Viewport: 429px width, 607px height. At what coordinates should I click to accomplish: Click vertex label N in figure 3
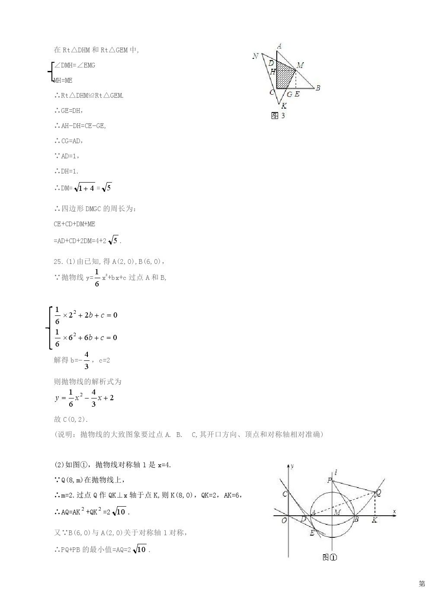pos(256,56)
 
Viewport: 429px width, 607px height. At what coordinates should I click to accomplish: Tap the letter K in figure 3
pos(284,105)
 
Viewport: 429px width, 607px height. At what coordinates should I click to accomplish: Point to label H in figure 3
pos(272,72)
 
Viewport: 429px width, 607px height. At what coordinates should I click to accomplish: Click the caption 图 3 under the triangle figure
pos(278,116)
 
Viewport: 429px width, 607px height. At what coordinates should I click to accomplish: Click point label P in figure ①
pos(330,480)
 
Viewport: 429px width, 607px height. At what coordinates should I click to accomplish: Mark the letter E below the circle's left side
pos(312,533)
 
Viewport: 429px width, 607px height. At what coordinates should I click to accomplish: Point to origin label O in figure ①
pos(284,520)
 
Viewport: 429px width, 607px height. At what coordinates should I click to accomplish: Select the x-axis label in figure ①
pos(394,511)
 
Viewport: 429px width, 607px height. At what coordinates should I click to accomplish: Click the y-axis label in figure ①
pos(293,466)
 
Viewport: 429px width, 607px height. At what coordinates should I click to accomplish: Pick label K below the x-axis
pos(375,520)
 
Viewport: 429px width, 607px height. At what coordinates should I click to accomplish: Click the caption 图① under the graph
pos(330,557)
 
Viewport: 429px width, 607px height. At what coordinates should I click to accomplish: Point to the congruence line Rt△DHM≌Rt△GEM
pos(89,96)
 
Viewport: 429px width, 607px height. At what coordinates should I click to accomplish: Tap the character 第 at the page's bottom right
pos(422,584)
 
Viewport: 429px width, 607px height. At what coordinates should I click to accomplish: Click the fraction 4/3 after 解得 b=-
pos(86,360)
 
